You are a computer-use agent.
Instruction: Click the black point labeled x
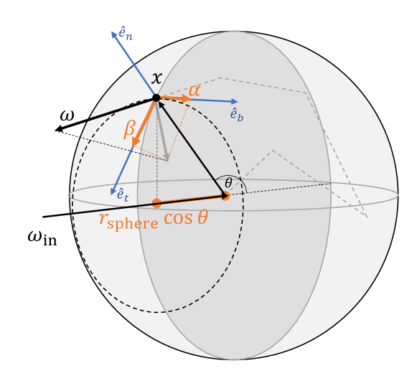[156, 98]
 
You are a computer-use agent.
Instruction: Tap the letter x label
[157, 78]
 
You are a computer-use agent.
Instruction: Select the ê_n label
[126, 34]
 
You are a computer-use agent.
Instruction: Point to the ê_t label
[123, 194]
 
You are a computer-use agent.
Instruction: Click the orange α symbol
[195, 91]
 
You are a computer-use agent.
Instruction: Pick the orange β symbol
[129, 129]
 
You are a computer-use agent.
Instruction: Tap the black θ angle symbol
[228, 183]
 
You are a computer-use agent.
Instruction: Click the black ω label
[67, 116]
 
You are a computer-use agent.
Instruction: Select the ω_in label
[42, 237]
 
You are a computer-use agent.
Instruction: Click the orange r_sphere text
[128, 221]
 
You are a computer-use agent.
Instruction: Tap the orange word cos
[178, 218]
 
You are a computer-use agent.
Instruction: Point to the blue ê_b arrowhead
[235, 101]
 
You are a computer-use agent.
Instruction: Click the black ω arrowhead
[58, 129]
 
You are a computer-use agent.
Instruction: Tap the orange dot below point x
[156, 203]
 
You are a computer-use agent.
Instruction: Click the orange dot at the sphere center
[225, 196]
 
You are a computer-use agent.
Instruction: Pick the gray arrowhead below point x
[167, 157]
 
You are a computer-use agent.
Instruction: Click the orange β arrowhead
[136, 142]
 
